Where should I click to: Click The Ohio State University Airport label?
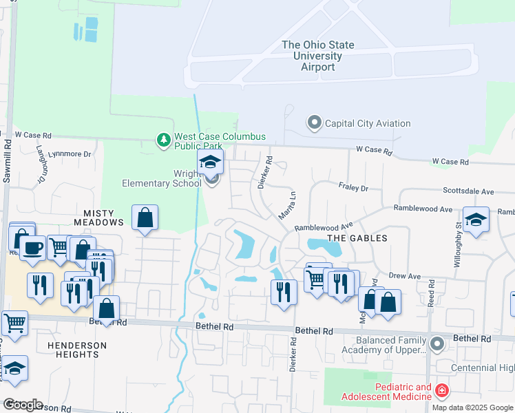pos(318,56)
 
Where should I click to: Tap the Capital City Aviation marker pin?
pos(315,123)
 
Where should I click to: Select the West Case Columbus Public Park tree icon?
pos(163,140)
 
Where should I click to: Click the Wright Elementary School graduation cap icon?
pos(211,163)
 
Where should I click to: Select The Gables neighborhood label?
pos(357,238)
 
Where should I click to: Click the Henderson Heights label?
pos(77,350)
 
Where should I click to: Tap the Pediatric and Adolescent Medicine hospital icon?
pos(441,392)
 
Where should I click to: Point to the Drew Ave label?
pos(405,276)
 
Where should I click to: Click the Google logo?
pos(22,405)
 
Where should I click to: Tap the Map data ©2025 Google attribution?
pos(472,407)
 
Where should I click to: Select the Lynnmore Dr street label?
pos(74,154)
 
